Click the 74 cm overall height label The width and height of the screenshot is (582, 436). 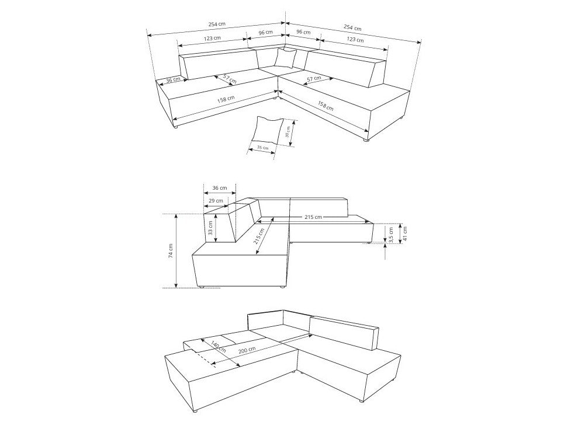tap(171, 250)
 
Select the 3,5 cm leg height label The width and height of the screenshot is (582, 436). tap(390, 235)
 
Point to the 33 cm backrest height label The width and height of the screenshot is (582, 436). tap(210, 228)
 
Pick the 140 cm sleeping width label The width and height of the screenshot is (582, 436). tap(218, 346)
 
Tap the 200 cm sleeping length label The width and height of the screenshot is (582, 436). tap(247, 350)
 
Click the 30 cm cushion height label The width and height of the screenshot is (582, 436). tap(287, 132)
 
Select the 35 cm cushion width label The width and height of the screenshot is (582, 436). tap(263, 148)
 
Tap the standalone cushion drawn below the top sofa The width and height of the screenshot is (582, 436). tap(267, 130)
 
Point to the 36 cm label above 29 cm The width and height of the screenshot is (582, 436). tap(220, 188)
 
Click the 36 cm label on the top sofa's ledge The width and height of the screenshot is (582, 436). tap(173, 80)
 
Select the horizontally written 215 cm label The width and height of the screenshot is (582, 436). tap(313, 217)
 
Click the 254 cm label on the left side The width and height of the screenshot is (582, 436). tap(217, 24)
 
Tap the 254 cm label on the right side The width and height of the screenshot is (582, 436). tap(352, 27)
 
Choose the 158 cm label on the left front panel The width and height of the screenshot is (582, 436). tap(226, 99)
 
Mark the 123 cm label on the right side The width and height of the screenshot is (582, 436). tap(355, 39)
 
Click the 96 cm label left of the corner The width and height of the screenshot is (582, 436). tap(265, 32)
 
